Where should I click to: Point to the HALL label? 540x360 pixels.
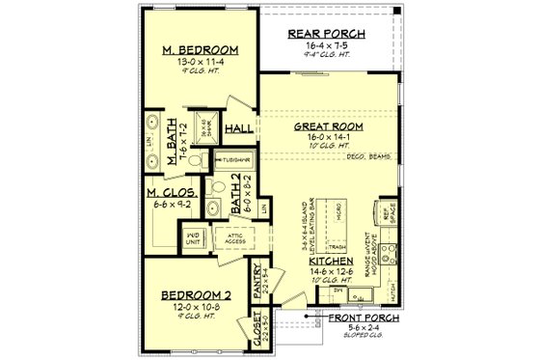[237, 128]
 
